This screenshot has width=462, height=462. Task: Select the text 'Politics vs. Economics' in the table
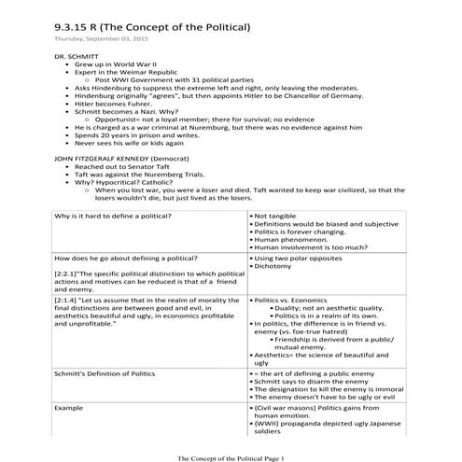(x=290, y=301)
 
